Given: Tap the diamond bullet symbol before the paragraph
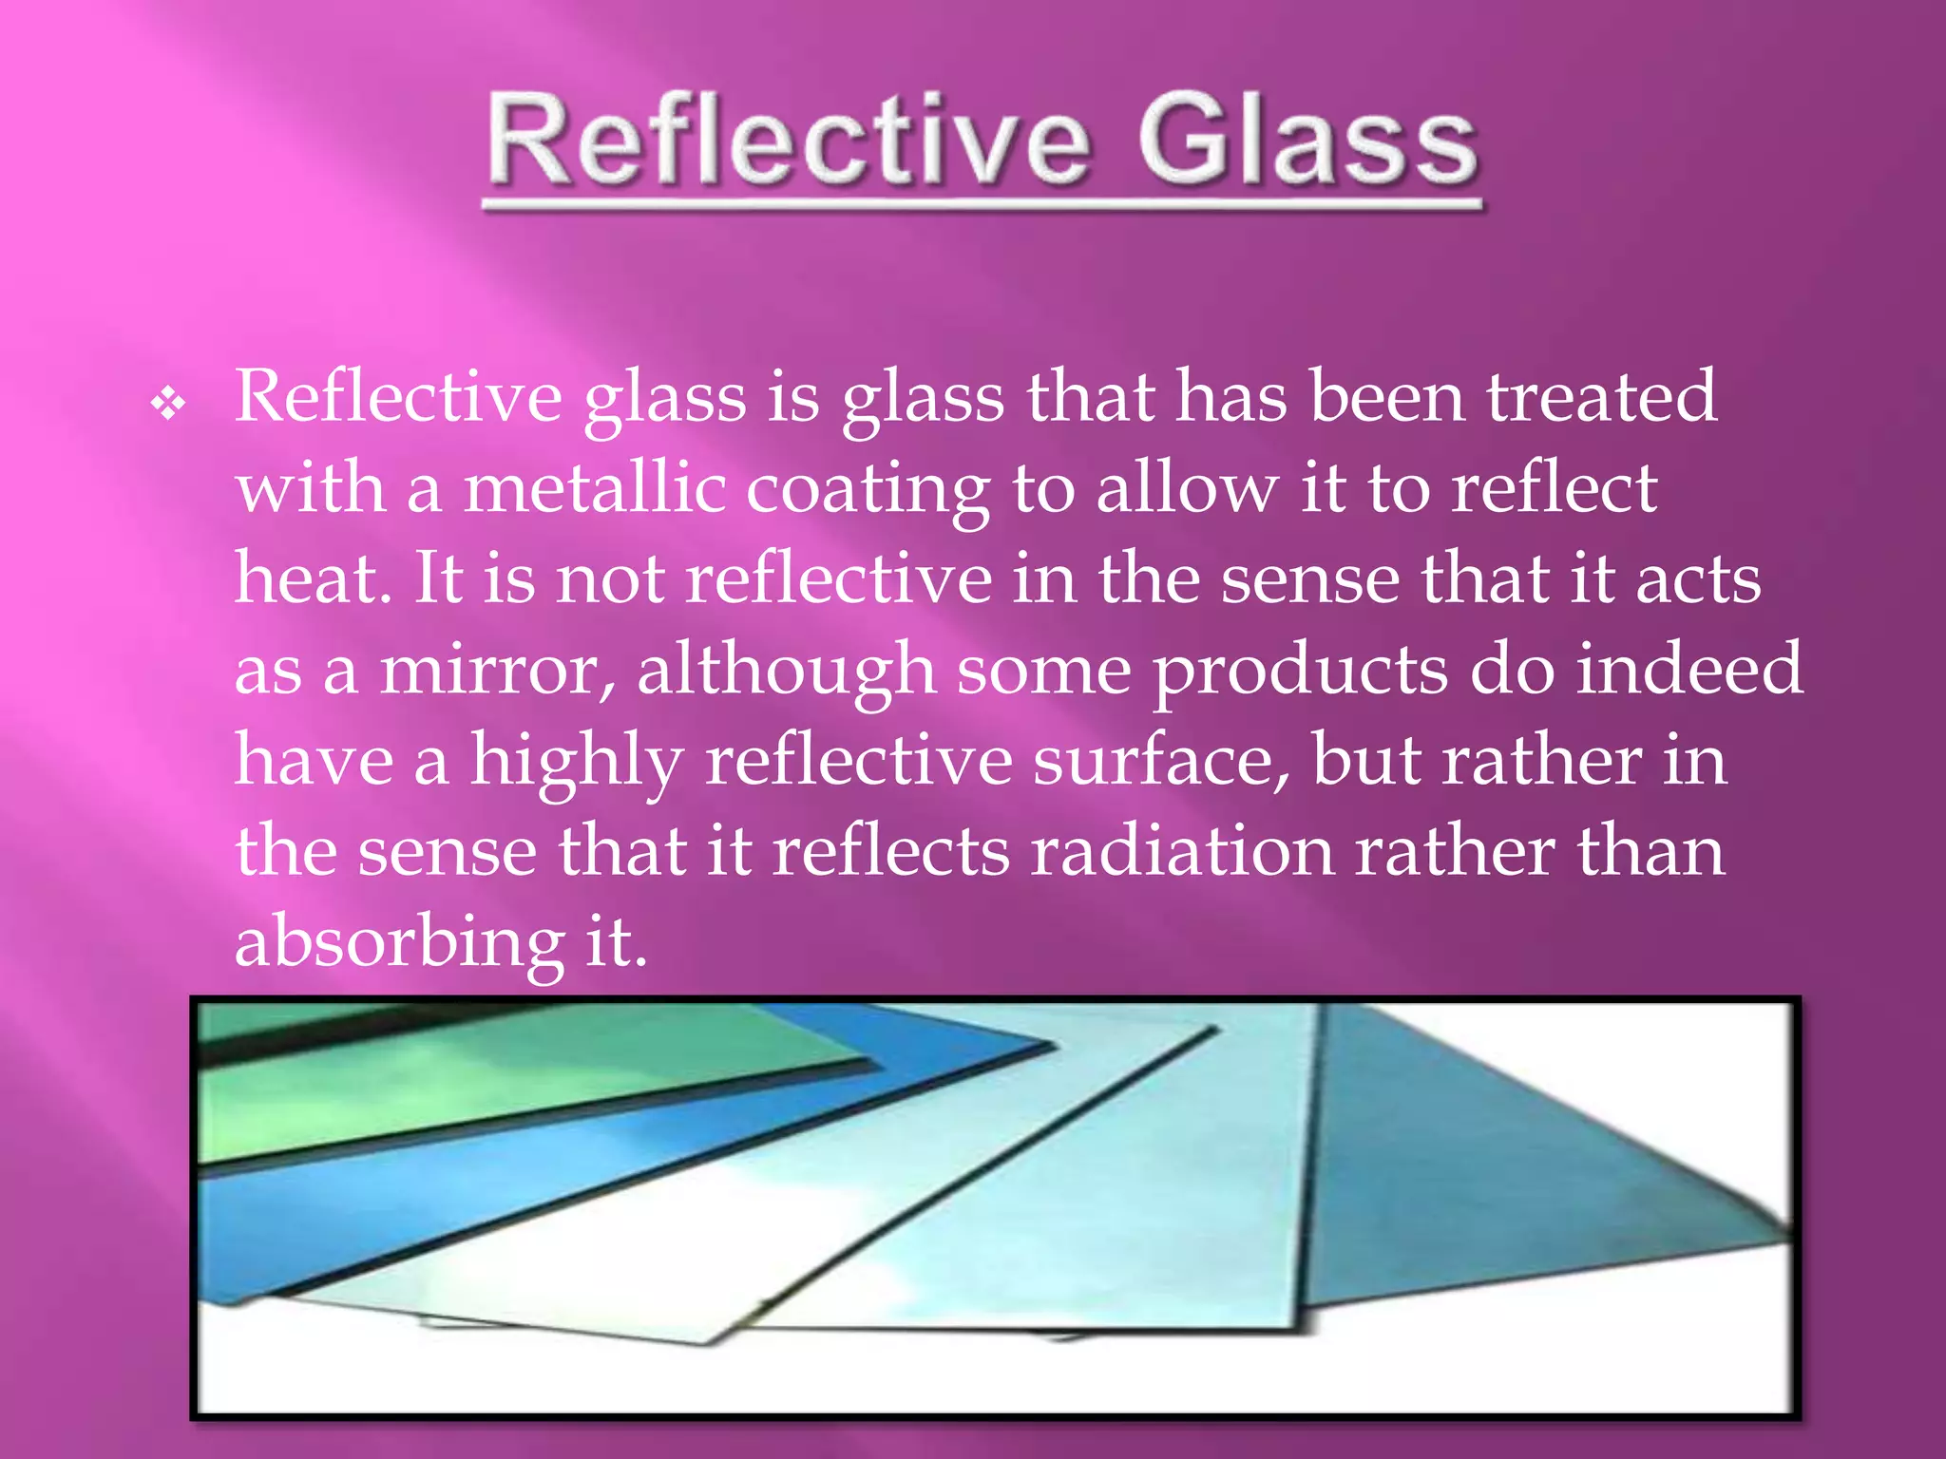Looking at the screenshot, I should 168,405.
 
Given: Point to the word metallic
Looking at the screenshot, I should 595,488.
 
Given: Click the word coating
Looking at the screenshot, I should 867,490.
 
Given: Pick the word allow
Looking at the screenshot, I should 1187,488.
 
